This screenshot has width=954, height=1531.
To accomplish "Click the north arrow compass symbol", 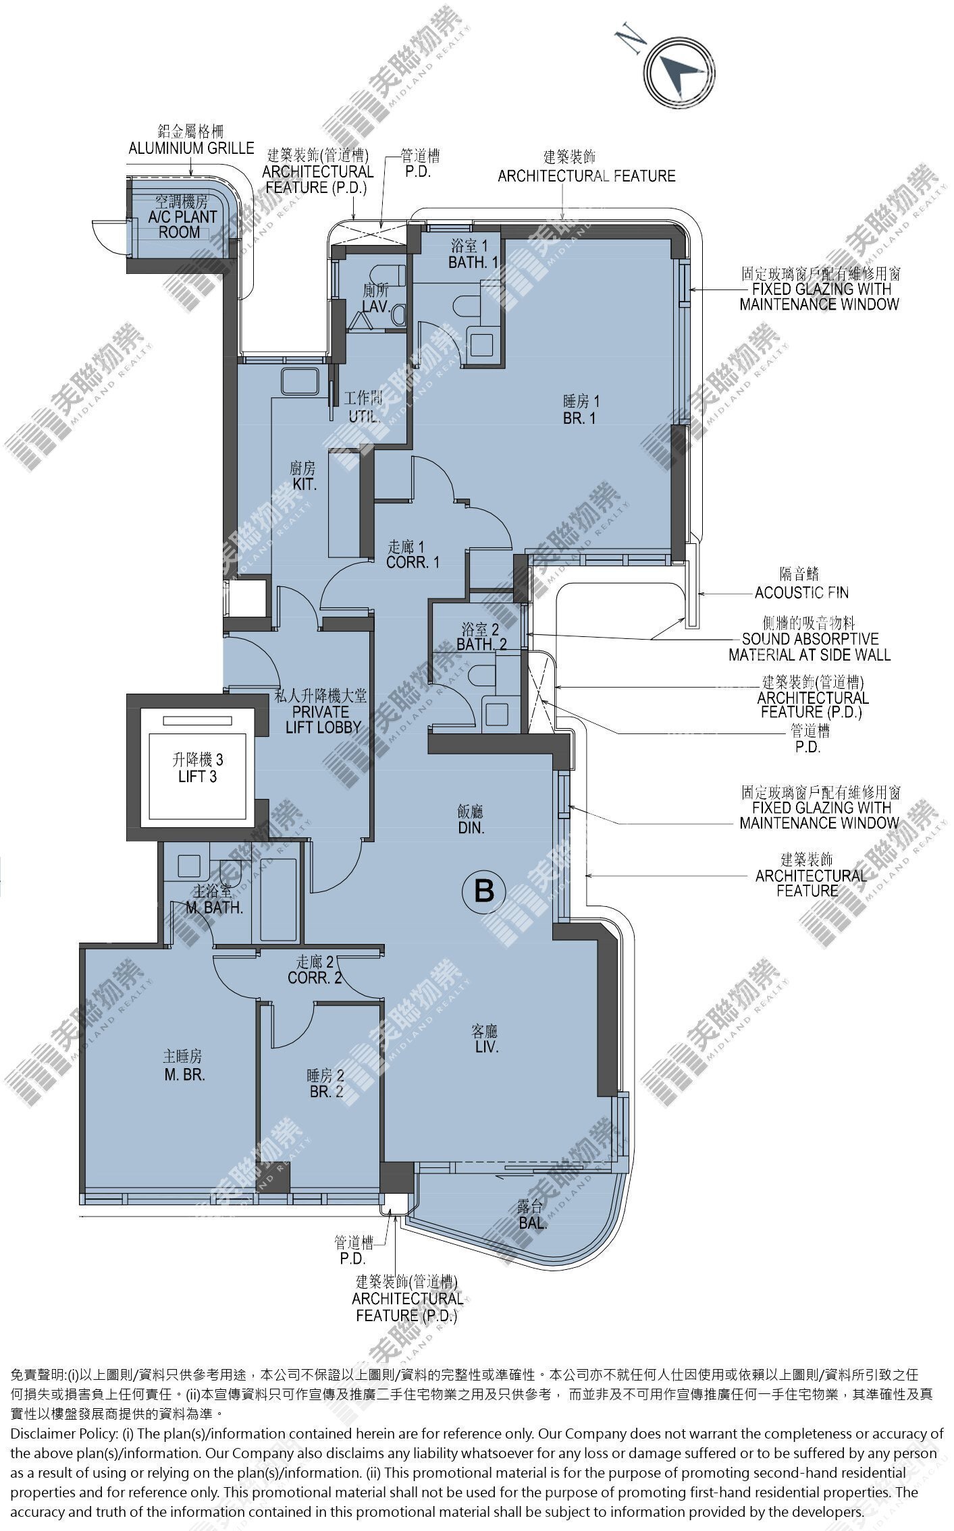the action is (x=678, y=70).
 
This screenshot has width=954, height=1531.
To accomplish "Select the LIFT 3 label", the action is (x=197, y=768).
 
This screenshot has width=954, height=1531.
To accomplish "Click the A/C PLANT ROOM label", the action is (x=180, y=217).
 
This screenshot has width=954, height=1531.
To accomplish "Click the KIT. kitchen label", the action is (x=304, y=476).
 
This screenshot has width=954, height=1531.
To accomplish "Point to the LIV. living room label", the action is (x=485, y=1039).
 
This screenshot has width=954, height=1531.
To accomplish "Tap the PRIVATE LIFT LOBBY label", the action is (x=317, y=711).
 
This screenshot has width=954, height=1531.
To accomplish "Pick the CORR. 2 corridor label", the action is (x=315, y=969).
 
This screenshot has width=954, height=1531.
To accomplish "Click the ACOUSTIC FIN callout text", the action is (x=801, y=592).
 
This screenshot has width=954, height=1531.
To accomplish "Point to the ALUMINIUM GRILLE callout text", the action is (x=192, y=148).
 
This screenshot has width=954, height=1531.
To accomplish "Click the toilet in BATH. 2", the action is (x=482, y=675).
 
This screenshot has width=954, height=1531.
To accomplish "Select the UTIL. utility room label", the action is (x=365, y=407).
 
